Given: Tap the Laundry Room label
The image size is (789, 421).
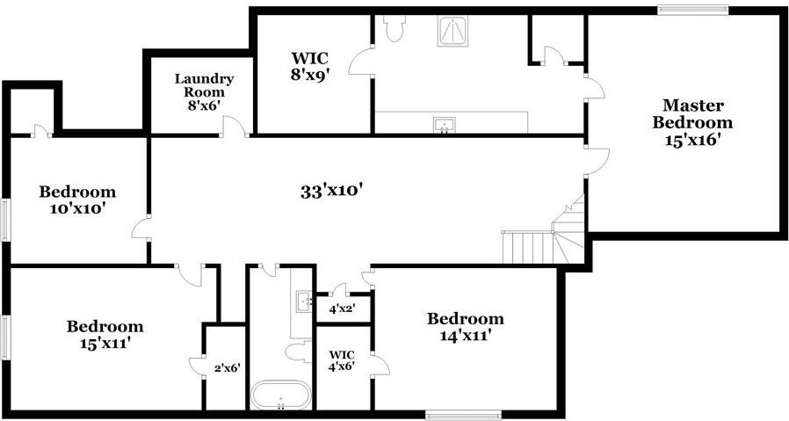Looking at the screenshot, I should click(203, 91).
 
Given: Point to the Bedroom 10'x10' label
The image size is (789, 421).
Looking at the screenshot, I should click(77, 200).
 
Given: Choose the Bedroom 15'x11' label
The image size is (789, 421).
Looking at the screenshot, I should click(105, 335).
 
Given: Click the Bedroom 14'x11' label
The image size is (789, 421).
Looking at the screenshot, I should click(465, 326).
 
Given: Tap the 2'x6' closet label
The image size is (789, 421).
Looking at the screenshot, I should click(227, 369).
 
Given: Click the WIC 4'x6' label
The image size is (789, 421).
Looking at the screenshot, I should click(343, 361).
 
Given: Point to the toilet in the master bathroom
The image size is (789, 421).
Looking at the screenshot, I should click(393, 28).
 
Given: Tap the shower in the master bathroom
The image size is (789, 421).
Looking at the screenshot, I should click(453, 31).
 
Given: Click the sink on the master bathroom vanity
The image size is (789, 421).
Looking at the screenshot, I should click(445, 125).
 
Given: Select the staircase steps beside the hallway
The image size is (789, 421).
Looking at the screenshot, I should click(527, 246).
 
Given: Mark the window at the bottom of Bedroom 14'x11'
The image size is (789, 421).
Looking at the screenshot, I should click(462, 414).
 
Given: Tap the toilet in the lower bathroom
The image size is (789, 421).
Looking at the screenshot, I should click(296, 352).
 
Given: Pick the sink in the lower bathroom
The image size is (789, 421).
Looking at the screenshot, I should click(304, 301).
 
